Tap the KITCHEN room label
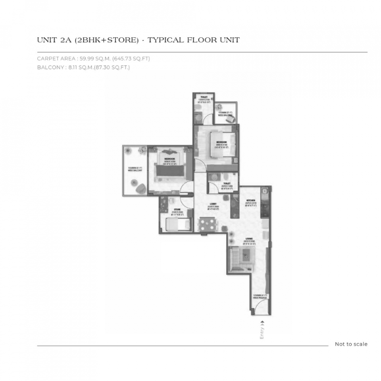(x=251, y=200)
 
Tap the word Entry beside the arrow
(x=262, y=331)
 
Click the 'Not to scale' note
(x=351, y=344)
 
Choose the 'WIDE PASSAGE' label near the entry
(x=260, y=297)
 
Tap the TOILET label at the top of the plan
(x=204, y=96)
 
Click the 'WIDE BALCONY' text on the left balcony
(x=135, y=170)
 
